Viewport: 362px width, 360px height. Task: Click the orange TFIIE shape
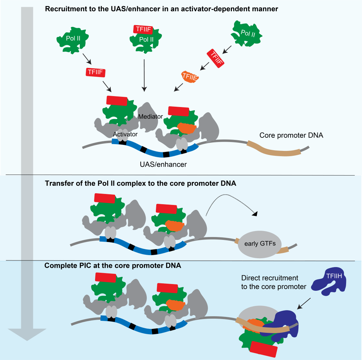pyautogui.click(x=190, y=76)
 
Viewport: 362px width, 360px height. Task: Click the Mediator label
pyautogui.click(x=150, y=116)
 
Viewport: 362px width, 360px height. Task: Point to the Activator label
pyautogui.click(x=125, y=134)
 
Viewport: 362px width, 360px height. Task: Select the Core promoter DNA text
pyautogui.click(x=291, y=135)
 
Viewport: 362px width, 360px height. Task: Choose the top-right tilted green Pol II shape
pyautogui.click(x=248, y=34)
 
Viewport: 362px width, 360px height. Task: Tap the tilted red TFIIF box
pyautogui.click(x=216, y=58)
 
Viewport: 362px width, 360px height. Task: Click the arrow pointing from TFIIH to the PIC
pyautogui.click(x=304, y=303)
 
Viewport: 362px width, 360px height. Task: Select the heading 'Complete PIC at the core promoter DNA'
pyautogui.click(x=113, y=265)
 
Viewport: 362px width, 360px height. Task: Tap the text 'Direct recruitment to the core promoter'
pyautogui.click(x=273, y=282)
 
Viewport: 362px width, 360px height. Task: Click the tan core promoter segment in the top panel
pyautogui.click(x=274, y=148)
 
